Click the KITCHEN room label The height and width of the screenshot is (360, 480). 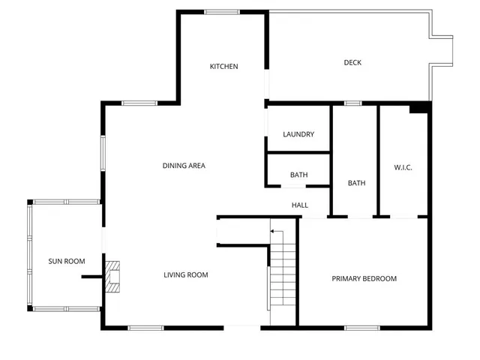coord(223,67)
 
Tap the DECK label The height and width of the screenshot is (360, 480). coord(352,62)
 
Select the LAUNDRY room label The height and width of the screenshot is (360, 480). coord(298,134)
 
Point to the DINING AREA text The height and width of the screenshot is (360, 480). coord(184,166)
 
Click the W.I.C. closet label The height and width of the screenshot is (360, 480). coord(403,166)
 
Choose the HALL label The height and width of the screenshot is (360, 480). coord(299,205)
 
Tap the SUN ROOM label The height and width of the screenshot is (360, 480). coord(67,261)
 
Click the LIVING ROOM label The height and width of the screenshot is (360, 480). coord(186,275)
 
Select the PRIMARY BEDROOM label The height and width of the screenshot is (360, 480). coord(364,279)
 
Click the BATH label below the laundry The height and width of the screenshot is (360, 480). coord(298,175)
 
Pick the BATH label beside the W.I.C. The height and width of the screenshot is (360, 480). coord(356,183)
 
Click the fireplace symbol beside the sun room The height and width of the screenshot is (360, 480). coord(113,275)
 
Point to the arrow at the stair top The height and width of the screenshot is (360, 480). coord(274,232)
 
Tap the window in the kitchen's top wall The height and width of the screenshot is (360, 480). coord(222,11)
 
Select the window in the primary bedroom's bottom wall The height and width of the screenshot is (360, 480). coord(361,326)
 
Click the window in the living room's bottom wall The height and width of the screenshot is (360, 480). coord(145,327)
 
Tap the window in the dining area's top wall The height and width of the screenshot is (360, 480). coord(139,103)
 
